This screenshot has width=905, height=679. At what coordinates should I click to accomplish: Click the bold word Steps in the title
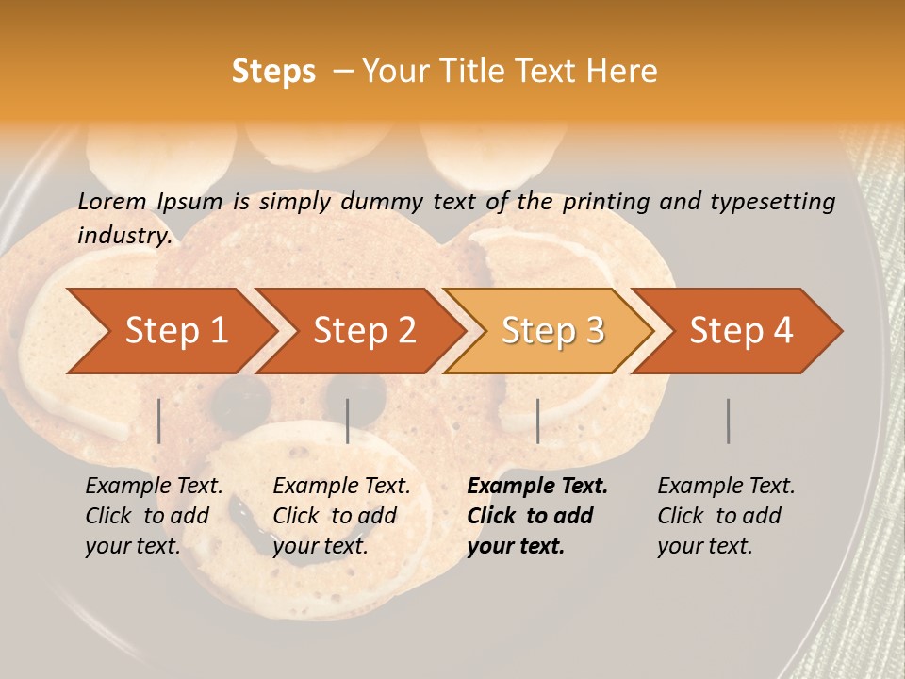273,72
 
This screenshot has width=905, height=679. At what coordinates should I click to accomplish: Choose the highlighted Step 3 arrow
552,331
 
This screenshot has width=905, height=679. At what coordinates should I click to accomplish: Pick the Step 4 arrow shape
741,331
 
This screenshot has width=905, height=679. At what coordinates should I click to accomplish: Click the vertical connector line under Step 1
159,421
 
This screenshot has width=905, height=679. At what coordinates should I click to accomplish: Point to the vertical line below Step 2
348,421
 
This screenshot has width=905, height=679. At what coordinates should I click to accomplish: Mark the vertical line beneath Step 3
537,421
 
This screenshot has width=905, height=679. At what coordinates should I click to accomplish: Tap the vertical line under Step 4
728,421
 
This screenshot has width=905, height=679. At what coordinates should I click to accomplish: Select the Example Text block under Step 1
153,516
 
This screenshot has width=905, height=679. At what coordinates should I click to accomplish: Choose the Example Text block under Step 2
340,516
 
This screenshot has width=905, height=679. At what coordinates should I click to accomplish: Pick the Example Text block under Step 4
725,516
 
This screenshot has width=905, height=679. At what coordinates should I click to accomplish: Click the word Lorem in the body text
112,201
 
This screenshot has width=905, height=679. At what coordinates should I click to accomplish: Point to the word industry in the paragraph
124,236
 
